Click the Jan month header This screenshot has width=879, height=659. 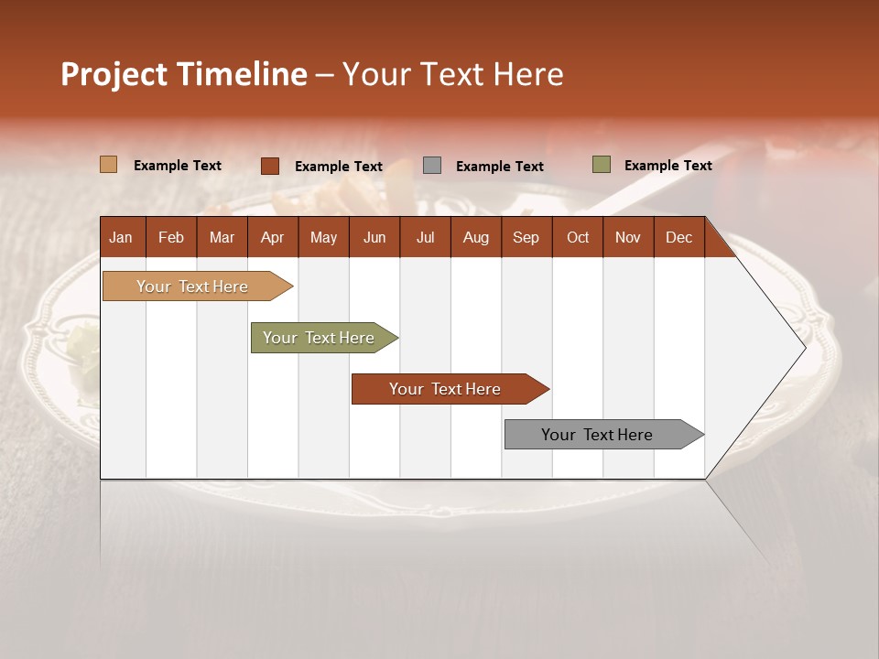121,237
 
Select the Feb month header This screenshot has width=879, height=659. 171,237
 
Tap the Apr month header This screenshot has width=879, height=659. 273,237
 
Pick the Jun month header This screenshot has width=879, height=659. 374,237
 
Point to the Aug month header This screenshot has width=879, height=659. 476,237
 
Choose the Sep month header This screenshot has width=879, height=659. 526,237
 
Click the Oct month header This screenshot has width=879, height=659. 578,237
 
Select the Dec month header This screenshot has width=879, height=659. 679,237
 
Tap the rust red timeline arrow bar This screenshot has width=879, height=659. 446,389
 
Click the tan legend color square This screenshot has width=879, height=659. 109,165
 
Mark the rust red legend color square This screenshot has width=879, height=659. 270,166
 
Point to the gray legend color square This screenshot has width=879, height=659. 432,166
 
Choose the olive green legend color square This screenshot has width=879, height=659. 602,165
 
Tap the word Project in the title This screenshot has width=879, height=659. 114,74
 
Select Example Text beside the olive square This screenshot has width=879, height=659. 668,166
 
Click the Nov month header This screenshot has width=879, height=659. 628,237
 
